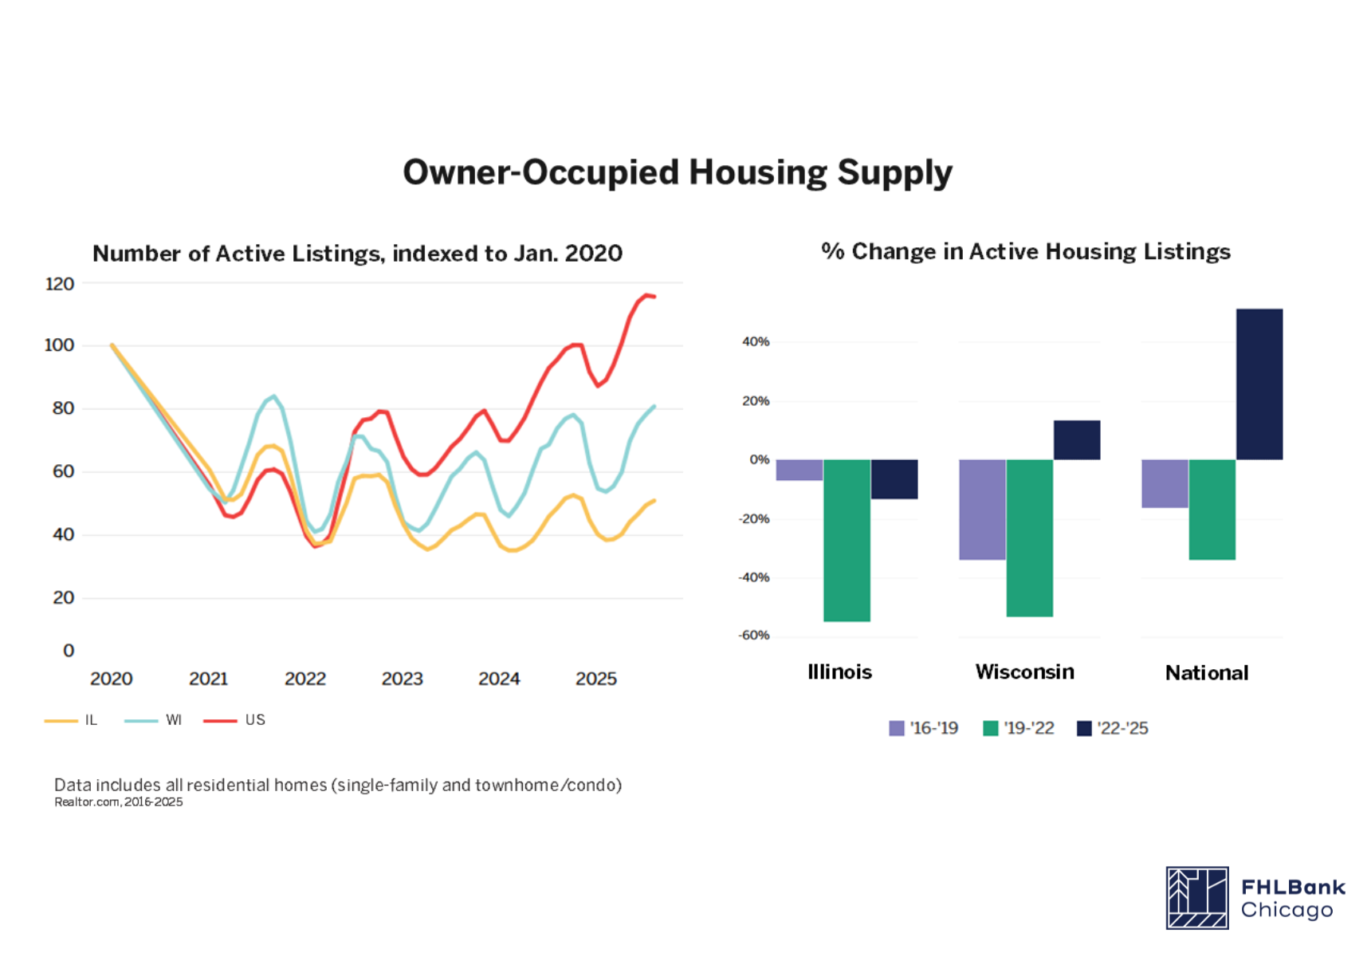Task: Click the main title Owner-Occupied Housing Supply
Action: point(677,172)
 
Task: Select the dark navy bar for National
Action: point(1259,384)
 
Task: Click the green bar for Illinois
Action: point(847,540)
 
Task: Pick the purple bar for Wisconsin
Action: point(982,510)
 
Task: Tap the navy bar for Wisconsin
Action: point(1077,440)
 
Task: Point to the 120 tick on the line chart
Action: point(60,284)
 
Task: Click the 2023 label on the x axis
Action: point(402,679)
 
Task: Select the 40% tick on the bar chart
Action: point(756,341)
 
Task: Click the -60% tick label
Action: point(754,636)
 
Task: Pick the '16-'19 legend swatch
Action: point(897,728)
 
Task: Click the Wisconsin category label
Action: point(1024,671)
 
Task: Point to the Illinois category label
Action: point(839,671)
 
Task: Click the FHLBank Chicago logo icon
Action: point(1196,898)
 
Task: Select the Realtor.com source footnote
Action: point(118,802)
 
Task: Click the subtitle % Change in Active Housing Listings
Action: point(1025,252)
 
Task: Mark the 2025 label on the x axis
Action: point(596,679)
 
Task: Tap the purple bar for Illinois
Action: point(799,470)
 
